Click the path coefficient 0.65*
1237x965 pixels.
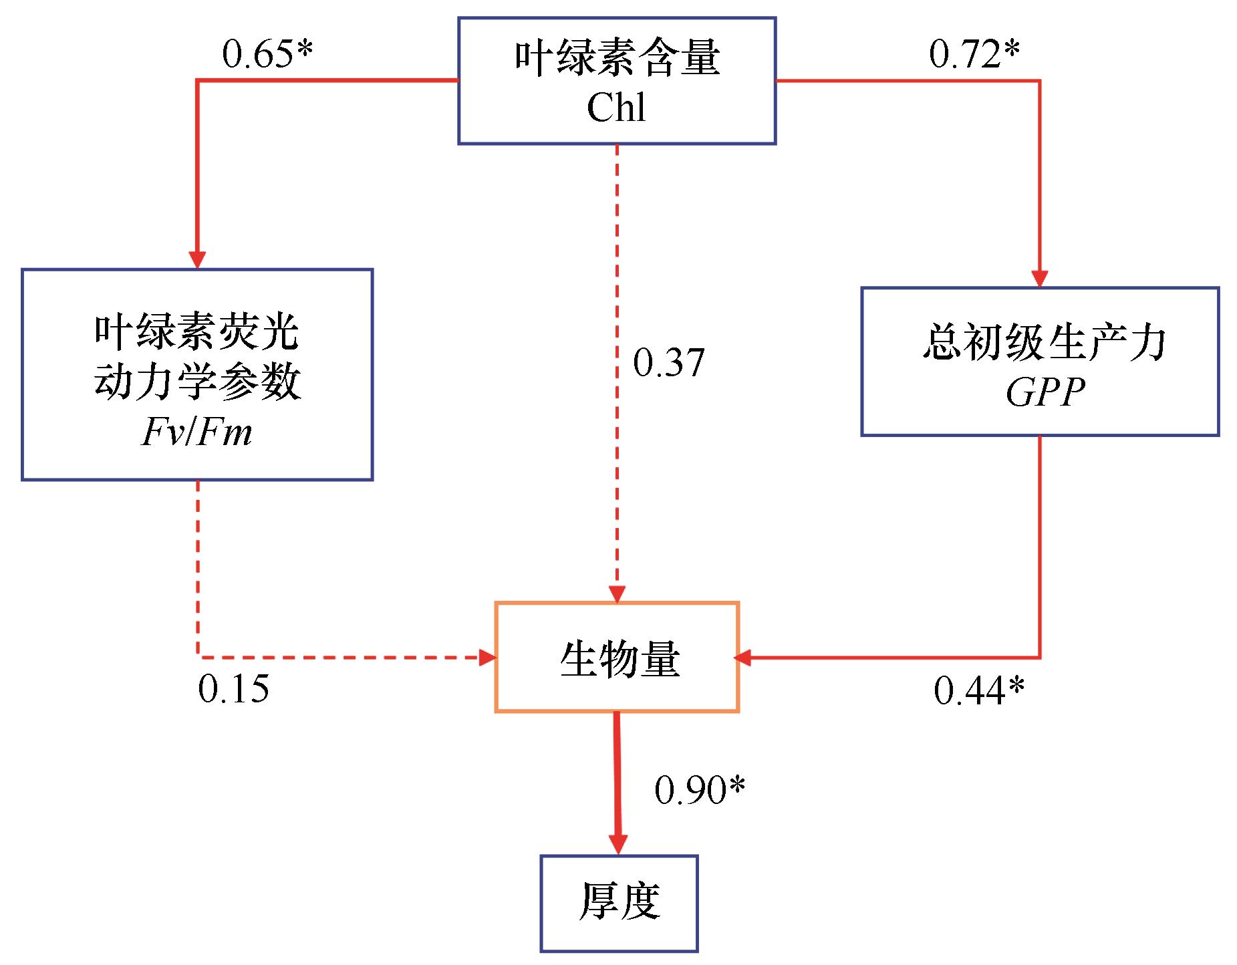coord(267,54)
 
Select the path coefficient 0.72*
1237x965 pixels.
coord(974,54)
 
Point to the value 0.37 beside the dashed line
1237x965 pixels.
coord(669,363)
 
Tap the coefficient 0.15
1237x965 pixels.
coord(234,688)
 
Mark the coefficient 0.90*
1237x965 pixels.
coord(700,790)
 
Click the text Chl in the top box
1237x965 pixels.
coord(616,107)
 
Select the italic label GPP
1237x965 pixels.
coord(1045,392)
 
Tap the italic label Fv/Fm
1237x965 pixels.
coord(197,432)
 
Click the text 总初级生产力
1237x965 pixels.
coord(1044,343)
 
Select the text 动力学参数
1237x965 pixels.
coord(197,382)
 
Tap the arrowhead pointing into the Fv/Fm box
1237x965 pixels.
coord(197,260)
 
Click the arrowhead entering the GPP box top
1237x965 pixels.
coord(1040,278)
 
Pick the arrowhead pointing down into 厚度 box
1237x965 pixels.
coord(618,845)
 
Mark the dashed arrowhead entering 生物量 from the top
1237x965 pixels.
coord(617,593)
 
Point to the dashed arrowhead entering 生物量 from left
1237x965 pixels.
coord(488,657)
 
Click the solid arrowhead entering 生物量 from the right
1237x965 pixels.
coord(742,658)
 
